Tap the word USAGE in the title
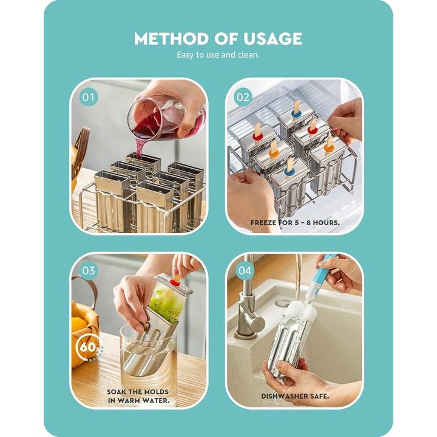pos(273,38)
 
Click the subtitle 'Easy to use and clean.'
pos(218,55)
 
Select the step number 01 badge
pos(89,97)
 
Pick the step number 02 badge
pos(243,97)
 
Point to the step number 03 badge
pos(89,271)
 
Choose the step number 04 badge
pos(245,271)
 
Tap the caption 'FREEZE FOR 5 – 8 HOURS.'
pos(295,223)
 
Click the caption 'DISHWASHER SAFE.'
pos(295,396)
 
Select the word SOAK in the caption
pos(117,392)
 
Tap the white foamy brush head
pos(302,311)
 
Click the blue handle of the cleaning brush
pos(325,275)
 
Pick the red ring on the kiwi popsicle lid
pos(175,283)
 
